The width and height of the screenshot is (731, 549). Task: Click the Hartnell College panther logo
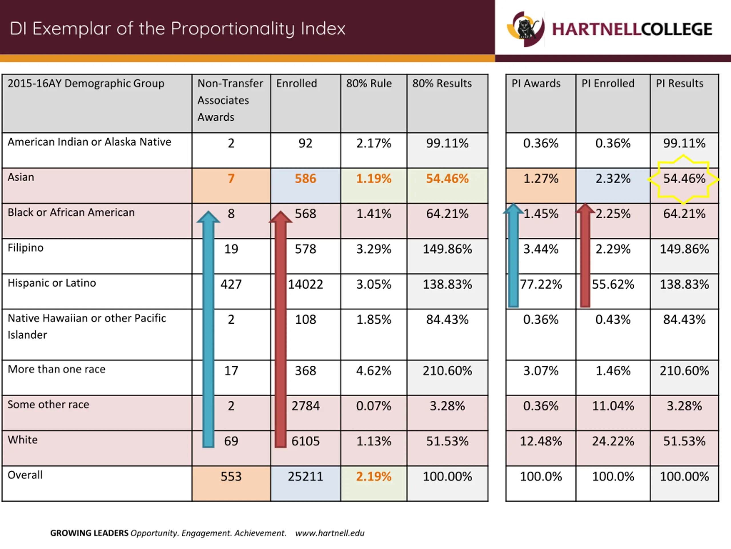525,29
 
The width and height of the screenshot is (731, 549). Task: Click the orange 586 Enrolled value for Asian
305,179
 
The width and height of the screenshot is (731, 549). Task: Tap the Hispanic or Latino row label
52,283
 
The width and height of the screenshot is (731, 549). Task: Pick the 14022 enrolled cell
305,284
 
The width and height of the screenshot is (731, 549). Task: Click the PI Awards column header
536,83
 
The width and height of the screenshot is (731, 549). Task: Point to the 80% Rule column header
369,83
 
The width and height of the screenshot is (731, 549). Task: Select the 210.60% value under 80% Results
447,371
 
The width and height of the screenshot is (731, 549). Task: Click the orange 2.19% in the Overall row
373,477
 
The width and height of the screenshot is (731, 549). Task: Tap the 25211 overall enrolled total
305,477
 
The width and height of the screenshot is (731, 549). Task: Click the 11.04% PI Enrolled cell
613,406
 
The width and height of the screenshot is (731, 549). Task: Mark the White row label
23,440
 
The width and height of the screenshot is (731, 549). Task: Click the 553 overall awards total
231,477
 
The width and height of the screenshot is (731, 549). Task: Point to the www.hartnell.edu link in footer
330,533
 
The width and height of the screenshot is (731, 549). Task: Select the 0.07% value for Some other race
373,406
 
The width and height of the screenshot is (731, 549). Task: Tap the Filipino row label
25,248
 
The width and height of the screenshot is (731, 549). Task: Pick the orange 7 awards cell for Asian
231,179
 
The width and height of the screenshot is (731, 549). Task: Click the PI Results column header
679,83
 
